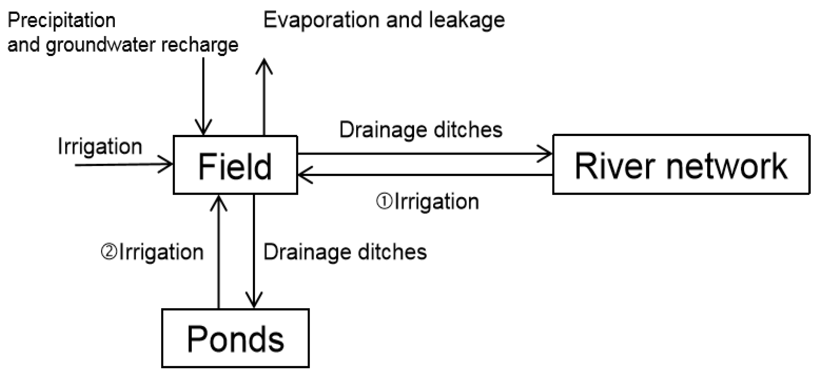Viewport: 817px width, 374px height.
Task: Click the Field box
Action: click(235, 165)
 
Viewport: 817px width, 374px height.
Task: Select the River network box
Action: click(681, 164)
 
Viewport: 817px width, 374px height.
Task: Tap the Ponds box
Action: click(235, 338)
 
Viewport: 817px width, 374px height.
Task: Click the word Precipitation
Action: click(62, 21)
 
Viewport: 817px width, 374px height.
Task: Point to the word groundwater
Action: click(101, 45)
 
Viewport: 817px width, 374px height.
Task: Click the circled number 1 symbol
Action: click(384, 202)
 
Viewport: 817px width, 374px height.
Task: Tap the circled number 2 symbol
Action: click(109, 252)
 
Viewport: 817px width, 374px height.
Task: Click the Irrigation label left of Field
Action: click(100, 147)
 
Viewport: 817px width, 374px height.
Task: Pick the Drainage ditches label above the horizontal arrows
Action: click(421, 130)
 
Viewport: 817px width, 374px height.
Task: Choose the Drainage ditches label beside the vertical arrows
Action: click(345, 252)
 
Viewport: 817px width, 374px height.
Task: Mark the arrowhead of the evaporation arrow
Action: click(264, 65)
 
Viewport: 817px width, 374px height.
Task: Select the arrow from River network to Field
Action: click(425, 175)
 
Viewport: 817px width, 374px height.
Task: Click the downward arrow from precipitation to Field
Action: click(203, 95)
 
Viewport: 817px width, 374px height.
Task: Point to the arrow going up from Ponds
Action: click(219, 254)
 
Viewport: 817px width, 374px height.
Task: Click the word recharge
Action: click(200, 45)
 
